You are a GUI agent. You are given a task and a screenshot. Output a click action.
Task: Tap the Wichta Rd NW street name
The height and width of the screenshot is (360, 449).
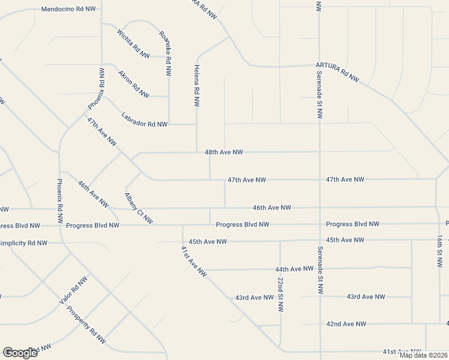click(133, 44)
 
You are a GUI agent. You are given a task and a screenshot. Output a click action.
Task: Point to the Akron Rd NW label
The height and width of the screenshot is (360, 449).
click(133, 84)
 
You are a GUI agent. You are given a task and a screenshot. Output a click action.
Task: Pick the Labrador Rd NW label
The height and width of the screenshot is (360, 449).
click(144, 119)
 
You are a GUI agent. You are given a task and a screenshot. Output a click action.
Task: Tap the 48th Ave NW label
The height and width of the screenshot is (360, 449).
click(223, 153)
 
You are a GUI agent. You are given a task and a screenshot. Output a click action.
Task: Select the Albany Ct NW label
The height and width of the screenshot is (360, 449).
click(139, 208)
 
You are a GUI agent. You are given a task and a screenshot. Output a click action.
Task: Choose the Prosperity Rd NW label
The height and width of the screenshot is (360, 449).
click(86, 325)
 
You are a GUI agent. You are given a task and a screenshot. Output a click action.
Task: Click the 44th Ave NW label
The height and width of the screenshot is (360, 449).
click(294, 269)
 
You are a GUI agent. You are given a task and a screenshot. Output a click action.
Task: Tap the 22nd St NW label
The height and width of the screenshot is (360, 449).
click(280, 295)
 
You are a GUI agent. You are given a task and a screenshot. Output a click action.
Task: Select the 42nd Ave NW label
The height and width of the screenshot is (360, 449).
click(346, 324)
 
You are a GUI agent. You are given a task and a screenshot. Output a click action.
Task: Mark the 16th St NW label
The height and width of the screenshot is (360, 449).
click(440, 251)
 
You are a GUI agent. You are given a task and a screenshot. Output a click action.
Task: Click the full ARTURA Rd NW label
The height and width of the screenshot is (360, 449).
click(338, 71)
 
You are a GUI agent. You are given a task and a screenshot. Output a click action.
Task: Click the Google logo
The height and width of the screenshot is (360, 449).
click(20, 353)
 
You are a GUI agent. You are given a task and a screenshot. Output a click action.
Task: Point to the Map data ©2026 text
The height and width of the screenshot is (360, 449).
click(423, 355)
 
